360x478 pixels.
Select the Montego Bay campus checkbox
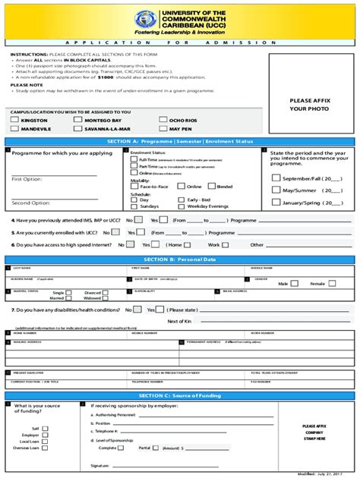pos(78,120)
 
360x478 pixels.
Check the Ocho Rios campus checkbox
pos(163,120)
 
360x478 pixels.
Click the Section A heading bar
pos(180,142)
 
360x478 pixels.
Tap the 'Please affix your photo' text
pos(310,104)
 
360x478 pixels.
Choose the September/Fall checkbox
pos(276,178)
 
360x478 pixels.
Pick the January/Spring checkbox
pos(276,203)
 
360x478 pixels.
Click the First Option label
pos(27,179)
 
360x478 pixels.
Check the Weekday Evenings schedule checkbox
pos(182,206)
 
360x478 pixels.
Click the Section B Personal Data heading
pos(180,259)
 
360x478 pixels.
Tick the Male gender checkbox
pos(294,283)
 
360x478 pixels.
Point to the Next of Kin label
pos(179,321)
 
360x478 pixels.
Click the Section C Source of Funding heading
pos(180,396)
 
